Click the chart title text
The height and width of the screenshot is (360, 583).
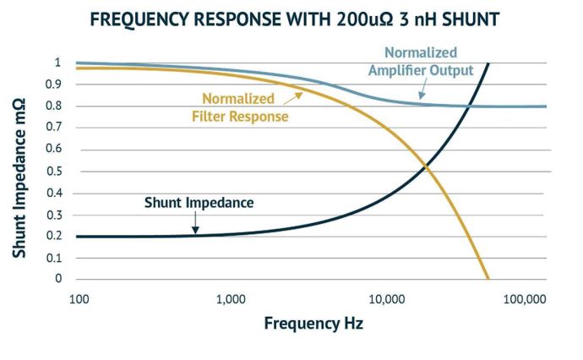coord(291,18)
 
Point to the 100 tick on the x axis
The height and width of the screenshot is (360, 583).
coord(79,297)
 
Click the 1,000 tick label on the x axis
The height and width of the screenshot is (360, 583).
coord(230,297)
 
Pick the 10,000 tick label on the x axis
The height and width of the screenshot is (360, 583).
coord(385,297)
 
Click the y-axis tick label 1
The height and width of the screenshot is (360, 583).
coord(58,63)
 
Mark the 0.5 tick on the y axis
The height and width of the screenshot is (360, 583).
coord(53,171)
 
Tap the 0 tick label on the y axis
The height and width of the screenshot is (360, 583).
coord(58,279)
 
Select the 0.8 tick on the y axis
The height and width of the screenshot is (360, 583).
coord(53,106)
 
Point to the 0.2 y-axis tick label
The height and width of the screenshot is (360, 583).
coord(53,236)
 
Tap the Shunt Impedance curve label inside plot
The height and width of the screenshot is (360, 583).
coord(199,203)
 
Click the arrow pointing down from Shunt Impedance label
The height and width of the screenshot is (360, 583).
coord(196,223)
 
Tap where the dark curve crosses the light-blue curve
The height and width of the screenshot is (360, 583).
coord(467,106)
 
